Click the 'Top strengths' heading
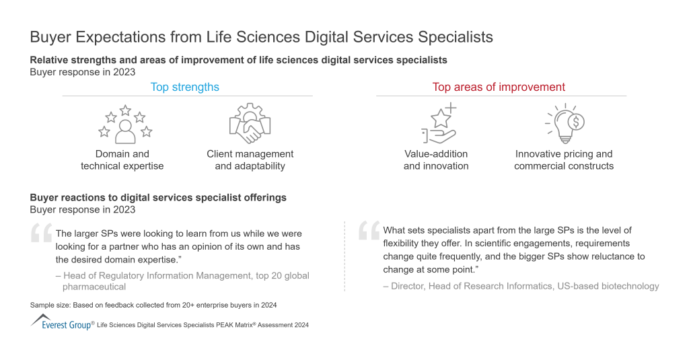coord(184,87)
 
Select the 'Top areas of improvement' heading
coord(499,87)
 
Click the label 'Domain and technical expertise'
coord(122,160)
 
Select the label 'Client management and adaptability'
coord(250,160)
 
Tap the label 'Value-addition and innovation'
coord(436,160)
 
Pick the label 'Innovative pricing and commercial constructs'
coord(564,160)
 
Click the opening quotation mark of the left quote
coord(41,233)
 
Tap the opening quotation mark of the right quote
coord(369,230)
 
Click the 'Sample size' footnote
coord(153,305)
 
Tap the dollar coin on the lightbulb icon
coord(576,122)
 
